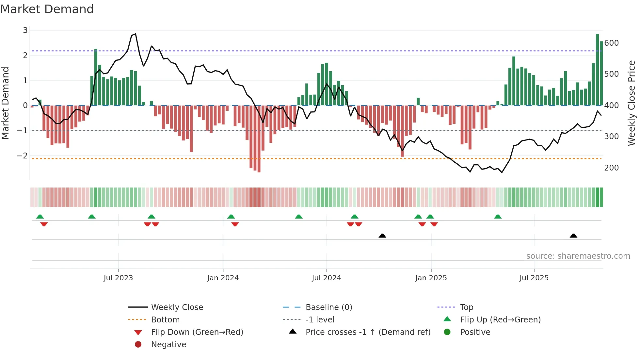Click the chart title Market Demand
point(47,9)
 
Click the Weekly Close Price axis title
point(632,103)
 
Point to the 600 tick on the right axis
point(611,43)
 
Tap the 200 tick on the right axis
point(611,168)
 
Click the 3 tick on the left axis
point(25,30)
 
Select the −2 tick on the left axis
point(23,156)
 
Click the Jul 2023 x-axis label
point(118,278)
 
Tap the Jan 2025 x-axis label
point(431,278)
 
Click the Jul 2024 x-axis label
point(326,278)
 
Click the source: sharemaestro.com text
point(578,256)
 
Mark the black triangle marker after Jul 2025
point(573,236)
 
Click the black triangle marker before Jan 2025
point(382,236)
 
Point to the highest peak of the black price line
point(136,34)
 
